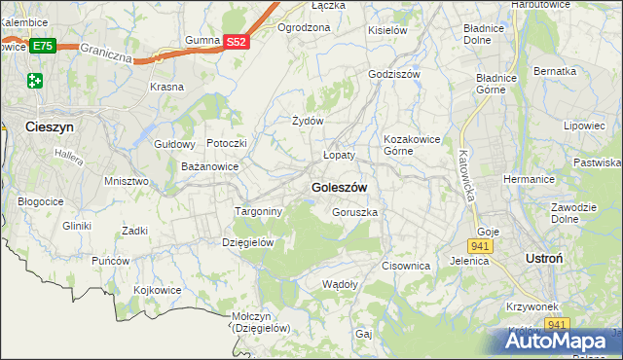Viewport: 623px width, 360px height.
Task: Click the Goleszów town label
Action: click(339, 187)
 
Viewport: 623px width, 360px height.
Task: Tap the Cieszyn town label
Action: click(31, 126)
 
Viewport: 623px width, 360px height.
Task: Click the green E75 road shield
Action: click(42, 46)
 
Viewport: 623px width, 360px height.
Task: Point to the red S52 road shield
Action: click(238, 42)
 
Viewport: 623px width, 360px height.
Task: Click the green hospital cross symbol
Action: click(36, 80)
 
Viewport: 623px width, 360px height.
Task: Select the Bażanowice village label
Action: click(210, 166)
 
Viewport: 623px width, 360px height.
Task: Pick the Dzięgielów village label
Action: click(249, 242)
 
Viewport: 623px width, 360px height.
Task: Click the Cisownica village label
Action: click(406, 265)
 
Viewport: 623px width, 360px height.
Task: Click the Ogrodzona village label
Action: click(304, 27)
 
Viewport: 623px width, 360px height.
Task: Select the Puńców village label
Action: click(111, 261)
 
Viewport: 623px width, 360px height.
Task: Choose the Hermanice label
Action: click(529, 179)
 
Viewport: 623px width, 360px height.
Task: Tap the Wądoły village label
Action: click(340, 284)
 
